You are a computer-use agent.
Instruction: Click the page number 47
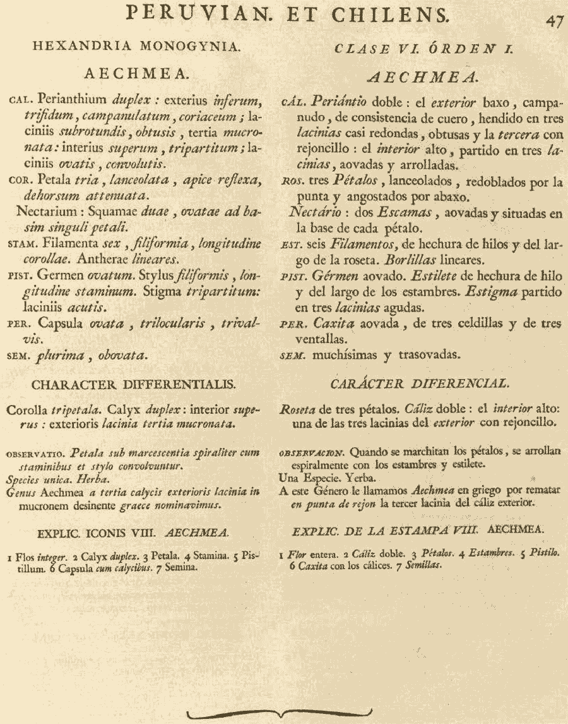pyautogui.click(x=554, y=20)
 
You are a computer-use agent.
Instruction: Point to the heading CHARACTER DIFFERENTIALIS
pyautogui.click(x=134, y=383)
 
